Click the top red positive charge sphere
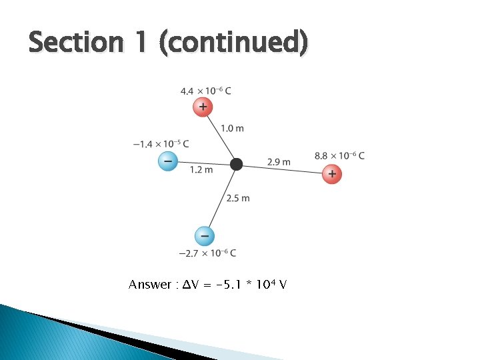[203, 107]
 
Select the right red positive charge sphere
[331, 174]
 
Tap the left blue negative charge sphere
[167, 161]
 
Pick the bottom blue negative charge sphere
[204, 235]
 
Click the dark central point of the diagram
[235, 164]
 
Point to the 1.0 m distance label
[232, 128]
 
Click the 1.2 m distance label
[201, 170]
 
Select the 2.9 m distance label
[279, 161]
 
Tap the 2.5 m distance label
[238, 198]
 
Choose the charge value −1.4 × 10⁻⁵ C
[161, 143]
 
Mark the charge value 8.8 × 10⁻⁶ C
[339, 156]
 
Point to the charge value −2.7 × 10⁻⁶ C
[207, 253]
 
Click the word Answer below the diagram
[149, 285]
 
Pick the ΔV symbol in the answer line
[186, 285]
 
